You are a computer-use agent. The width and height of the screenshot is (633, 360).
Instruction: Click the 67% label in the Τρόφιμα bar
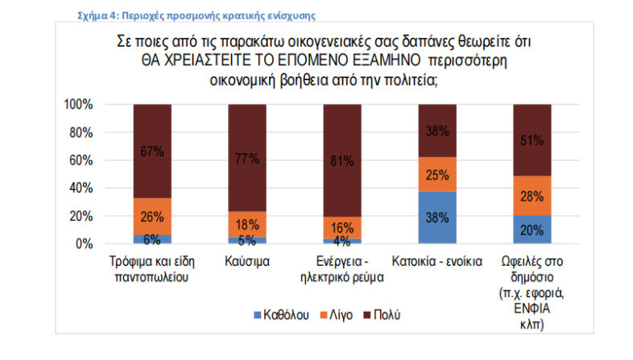(x=152, y=151)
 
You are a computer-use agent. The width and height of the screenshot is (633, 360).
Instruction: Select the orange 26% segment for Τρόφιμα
(x=152, y=217)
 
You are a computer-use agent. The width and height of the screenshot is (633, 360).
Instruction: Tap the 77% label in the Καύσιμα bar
(x=247, y=158)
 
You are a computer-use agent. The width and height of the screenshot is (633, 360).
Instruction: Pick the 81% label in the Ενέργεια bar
(x=342, y=161)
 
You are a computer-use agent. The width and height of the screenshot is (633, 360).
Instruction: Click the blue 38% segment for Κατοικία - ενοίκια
(x=437, y=217)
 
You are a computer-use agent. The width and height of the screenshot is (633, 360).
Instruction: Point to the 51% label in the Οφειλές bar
(x=532, y=140)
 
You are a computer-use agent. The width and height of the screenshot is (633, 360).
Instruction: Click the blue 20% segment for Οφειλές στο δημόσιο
(x=532, y=230)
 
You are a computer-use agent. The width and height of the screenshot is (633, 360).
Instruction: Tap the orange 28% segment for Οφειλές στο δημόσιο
(x=532, y=196)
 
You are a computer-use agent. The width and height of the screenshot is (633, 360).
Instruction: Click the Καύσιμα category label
(x=247, y=263)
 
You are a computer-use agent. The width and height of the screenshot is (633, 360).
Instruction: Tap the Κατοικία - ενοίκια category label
(x=437, y=263)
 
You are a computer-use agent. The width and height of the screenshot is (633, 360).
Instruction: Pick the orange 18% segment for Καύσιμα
(x=247, y=224)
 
